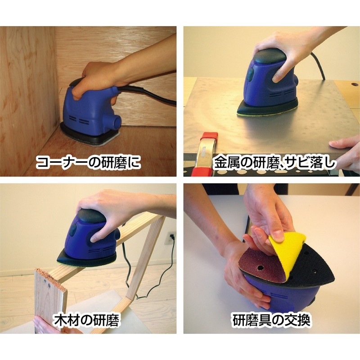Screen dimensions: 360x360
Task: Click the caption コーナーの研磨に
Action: (x=88, y=162)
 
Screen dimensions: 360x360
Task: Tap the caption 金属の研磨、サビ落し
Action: (x=275, y=162)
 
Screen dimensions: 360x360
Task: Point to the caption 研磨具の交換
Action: (x=271, y=320)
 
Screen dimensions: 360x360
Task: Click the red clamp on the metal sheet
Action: (x=207, y=153)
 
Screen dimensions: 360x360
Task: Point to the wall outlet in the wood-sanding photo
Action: (x=171, y=238)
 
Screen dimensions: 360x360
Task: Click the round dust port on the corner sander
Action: (x=116, y=121)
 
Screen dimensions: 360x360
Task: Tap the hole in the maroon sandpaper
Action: (x=260, y=268)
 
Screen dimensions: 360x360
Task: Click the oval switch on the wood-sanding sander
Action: (x=73, y=230)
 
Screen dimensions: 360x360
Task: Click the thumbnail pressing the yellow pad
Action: (x=278, y=235)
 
